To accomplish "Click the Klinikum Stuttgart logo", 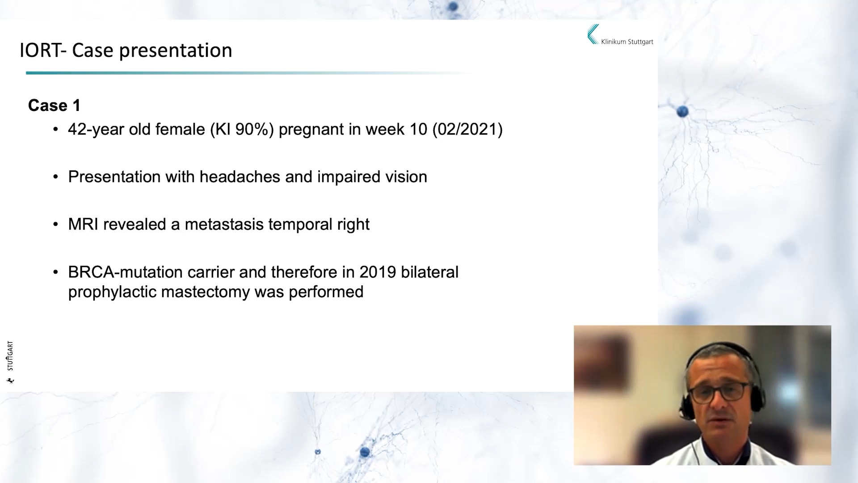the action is [x=620, y=35].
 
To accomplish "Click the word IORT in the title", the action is [x=40, y=50].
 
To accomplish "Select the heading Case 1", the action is [x=55, y=106].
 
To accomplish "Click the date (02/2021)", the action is [x=467, y=130].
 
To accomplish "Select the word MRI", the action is [x=83, y=224].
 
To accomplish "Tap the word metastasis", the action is [x=224, y=224].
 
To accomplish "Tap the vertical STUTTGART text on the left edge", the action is [x=10, y=356].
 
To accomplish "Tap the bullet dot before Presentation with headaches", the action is [x=55, y=177].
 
